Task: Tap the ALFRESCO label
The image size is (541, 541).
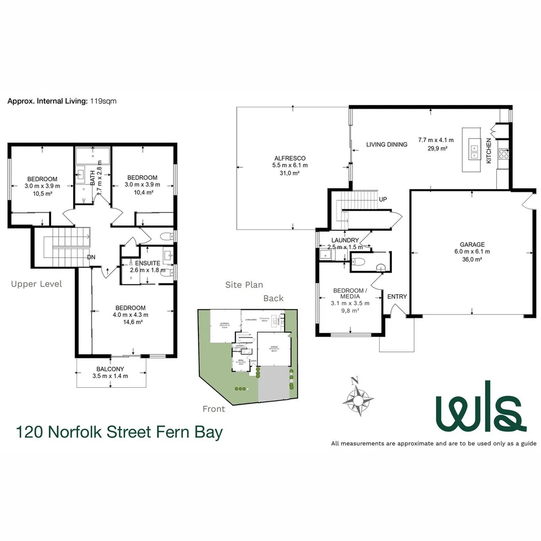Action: [x=290, y=158]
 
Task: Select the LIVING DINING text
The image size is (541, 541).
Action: [x=386, y=145]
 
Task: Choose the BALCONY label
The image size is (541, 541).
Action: [x=110, y=369]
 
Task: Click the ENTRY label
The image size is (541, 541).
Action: [x=397, y=297]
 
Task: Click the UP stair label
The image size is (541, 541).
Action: [x=383, y=199]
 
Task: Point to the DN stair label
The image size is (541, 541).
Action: [x=91, y=257]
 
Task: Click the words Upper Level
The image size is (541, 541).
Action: [x=37, y=284]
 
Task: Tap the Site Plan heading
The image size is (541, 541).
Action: [x=244, y=285]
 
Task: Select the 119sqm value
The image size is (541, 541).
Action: [x=103, y=101]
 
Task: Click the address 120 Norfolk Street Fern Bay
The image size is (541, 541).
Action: [x=119, y=432]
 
